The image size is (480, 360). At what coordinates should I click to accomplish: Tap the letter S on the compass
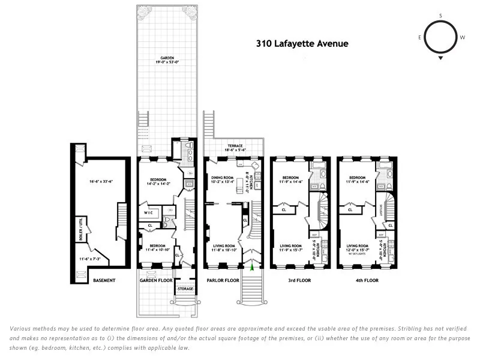pyautogui.click(x=440, y=16)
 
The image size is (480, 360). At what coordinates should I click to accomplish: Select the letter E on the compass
pyautogui.click(x=420, y=37)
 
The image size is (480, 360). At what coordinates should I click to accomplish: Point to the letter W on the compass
pyautogui.click(x=462, y=37)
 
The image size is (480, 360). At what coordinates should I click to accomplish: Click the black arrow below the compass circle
pyautogui.click(x=441, y=59)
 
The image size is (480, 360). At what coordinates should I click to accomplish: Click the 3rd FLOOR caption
pyautogui.click(x=299, y=280)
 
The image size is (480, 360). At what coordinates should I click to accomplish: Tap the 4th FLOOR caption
pyautogui.click(x=365, y=280)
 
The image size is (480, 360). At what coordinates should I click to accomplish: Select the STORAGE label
pyautogui.click(x=185, y=289)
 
